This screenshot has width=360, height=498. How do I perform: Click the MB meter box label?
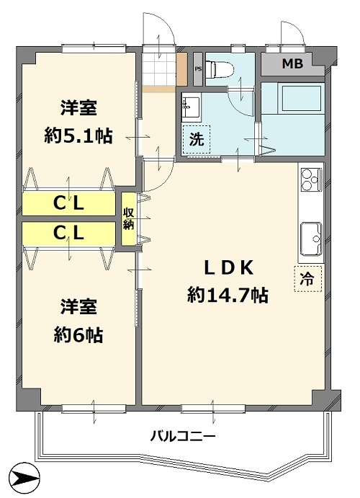[x=292, y=63]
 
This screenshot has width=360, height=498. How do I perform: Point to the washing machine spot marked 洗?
[x=197, y=140]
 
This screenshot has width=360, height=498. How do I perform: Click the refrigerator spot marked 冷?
[x=307, y=279]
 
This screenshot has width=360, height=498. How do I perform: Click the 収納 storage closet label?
[x=128, y=218]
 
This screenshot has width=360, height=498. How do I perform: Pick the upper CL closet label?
[x=69, y=204]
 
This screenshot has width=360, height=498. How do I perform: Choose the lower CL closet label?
[x=69, y=233]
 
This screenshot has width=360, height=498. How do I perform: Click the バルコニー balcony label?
[x=182, y=435]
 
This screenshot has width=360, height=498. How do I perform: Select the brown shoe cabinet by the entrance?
[x=182, y=69]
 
